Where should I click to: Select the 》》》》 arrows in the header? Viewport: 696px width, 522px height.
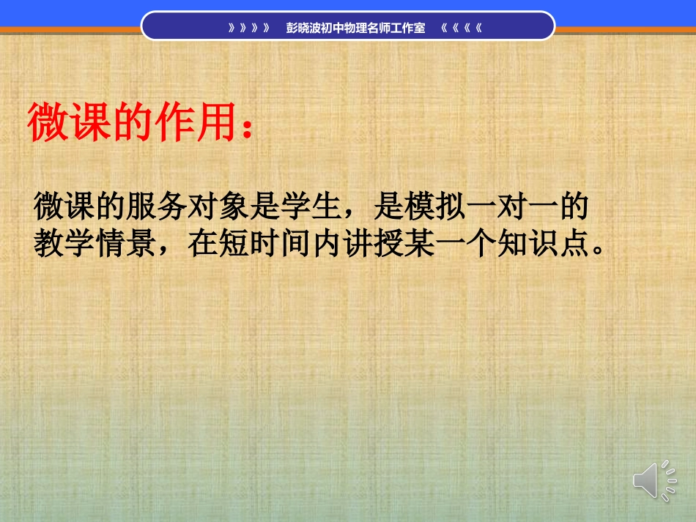click(x=248, y=29)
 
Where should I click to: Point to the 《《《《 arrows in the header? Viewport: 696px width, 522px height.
click(x=461, y=29)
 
